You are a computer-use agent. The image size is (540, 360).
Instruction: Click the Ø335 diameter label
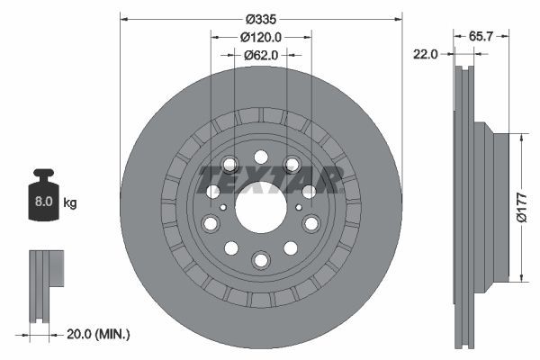coord(261,19)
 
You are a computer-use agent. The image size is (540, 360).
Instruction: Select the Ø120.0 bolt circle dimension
coord(261,37)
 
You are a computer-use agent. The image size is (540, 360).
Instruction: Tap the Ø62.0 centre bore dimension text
coord(261,55)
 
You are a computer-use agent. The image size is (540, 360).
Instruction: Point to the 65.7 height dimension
coord(481,36)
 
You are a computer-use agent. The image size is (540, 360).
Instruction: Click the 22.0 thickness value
coord(426,54)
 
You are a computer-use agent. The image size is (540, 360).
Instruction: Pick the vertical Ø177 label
coord(522,207)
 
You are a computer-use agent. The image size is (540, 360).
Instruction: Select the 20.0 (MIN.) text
coord(98,334)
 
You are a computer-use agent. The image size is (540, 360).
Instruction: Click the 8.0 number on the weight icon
coord(44,202)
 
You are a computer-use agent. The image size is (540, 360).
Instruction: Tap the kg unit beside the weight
coord(70,202)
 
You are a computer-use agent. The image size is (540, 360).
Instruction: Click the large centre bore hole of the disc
coord(261,207)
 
